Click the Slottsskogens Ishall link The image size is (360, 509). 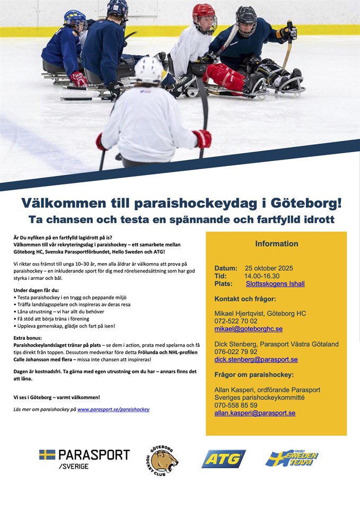tap(275, 284)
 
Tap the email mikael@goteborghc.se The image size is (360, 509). tap(248, 329)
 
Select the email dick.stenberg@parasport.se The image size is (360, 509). tap(256, 359)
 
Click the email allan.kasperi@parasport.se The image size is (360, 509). tap(254, 413)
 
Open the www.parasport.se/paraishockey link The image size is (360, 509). tap(113, 409)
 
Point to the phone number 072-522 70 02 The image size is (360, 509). tap(236, 321)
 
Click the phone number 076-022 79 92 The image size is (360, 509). tap(236, 352)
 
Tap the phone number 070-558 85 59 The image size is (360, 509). tap(236, 405)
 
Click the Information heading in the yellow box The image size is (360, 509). tap(276, 244)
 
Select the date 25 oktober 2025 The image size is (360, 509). tap(269, 268)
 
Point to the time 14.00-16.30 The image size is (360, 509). tap(262, 276)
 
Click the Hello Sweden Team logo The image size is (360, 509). tap(292, 458)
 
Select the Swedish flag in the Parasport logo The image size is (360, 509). tap(47, 454)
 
